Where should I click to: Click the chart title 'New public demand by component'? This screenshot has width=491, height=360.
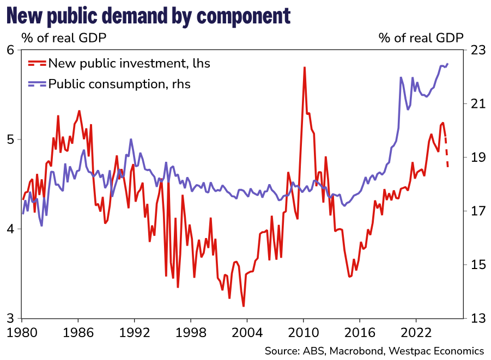pos(148,17)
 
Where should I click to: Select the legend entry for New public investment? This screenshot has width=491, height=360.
pos(129,63)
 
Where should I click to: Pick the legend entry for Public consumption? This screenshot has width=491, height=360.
pos(119,84)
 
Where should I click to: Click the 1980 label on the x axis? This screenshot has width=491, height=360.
pos(22,332)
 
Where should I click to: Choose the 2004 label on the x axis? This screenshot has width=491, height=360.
pos(247,332)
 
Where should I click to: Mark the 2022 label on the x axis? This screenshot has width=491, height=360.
pos(416,332)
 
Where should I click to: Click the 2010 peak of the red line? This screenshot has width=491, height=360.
pos(304,68)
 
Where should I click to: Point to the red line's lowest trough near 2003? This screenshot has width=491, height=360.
pos(243,306)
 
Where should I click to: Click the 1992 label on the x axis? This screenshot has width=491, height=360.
pos(135,332)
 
